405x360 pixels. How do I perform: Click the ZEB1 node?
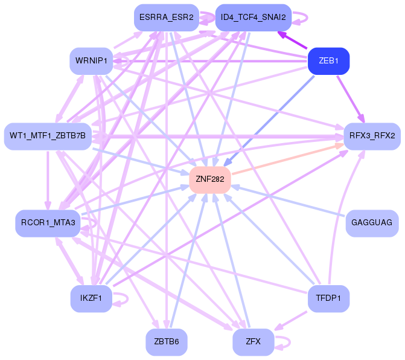[329, 61]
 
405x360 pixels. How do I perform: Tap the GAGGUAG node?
[372, 223]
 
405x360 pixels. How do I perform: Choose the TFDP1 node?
[329, 298]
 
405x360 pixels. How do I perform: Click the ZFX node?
[254, 342]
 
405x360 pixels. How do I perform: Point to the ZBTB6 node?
[166, 342]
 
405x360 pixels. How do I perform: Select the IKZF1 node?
[91, 298]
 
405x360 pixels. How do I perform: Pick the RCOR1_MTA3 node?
[48, 223]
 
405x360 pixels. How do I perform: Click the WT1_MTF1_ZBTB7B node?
[48, 135]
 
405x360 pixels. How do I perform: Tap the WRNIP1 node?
[91, 61]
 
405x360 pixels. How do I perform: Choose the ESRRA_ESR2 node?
[166, 17]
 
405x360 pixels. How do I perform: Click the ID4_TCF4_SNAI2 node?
[254, 17]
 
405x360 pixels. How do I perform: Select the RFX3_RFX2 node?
[372, 135]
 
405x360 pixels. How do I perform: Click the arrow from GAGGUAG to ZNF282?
[290, 202]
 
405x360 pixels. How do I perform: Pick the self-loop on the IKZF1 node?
[123, 298]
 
